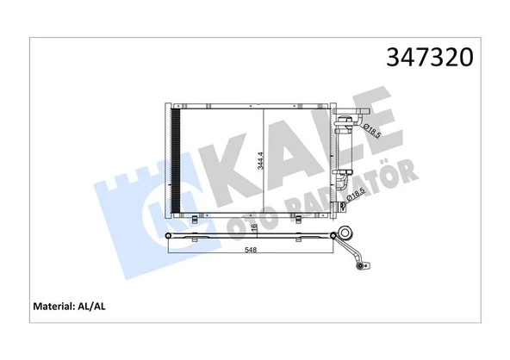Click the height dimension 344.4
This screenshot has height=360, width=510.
[x=265, y=160]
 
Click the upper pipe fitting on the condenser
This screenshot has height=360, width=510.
[x=345, y=121]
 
